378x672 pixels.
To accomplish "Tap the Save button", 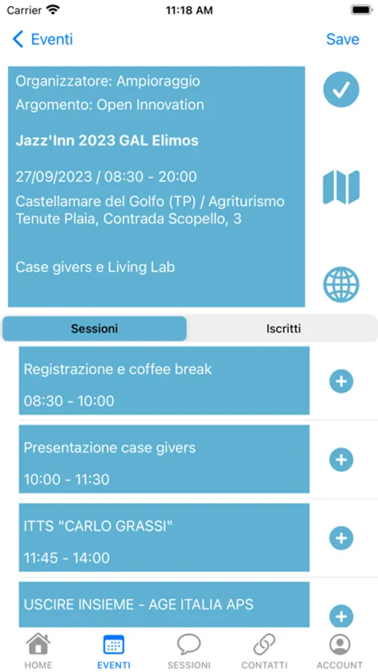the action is [342, 39].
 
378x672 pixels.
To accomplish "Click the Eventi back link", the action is [42, 39].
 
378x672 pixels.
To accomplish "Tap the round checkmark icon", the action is [341, 89].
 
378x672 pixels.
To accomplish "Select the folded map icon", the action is [341, 187].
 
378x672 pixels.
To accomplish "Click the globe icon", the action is [341, 284].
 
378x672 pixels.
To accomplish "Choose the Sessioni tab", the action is [95, 329].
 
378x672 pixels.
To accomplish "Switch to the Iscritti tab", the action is [283, 329].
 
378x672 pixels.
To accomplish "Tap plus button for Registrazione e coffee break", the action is [341, 381].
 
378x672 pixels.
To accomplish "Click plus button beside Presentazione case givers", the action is [341, 459].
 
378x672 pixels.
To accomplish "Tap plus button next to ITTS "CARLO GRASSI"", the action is [341, 538].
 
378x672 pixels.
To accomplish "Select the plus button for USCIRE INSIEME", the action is [341, 616].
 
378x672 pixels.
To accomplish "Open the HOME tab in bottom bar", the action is [38, 651].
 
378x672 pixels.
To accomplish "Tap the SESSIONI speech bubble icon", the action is [189, 644].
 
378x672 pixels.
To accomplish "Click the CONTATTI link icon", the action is [264, 644].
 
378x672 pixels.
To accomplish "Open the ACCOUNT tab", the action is [339, 651].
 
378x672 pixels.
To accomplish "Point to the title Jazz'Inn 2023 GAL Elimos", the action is [107, 140].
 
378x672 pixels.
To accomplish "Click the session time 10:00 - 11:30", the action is [66, 479].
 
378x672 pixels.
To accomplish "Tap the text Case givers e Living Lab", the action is [95, 267].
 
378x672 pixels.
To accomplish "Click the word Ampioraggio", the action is [158, 81].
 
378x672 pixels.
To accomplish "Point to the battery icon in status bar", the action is [362, 10].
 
